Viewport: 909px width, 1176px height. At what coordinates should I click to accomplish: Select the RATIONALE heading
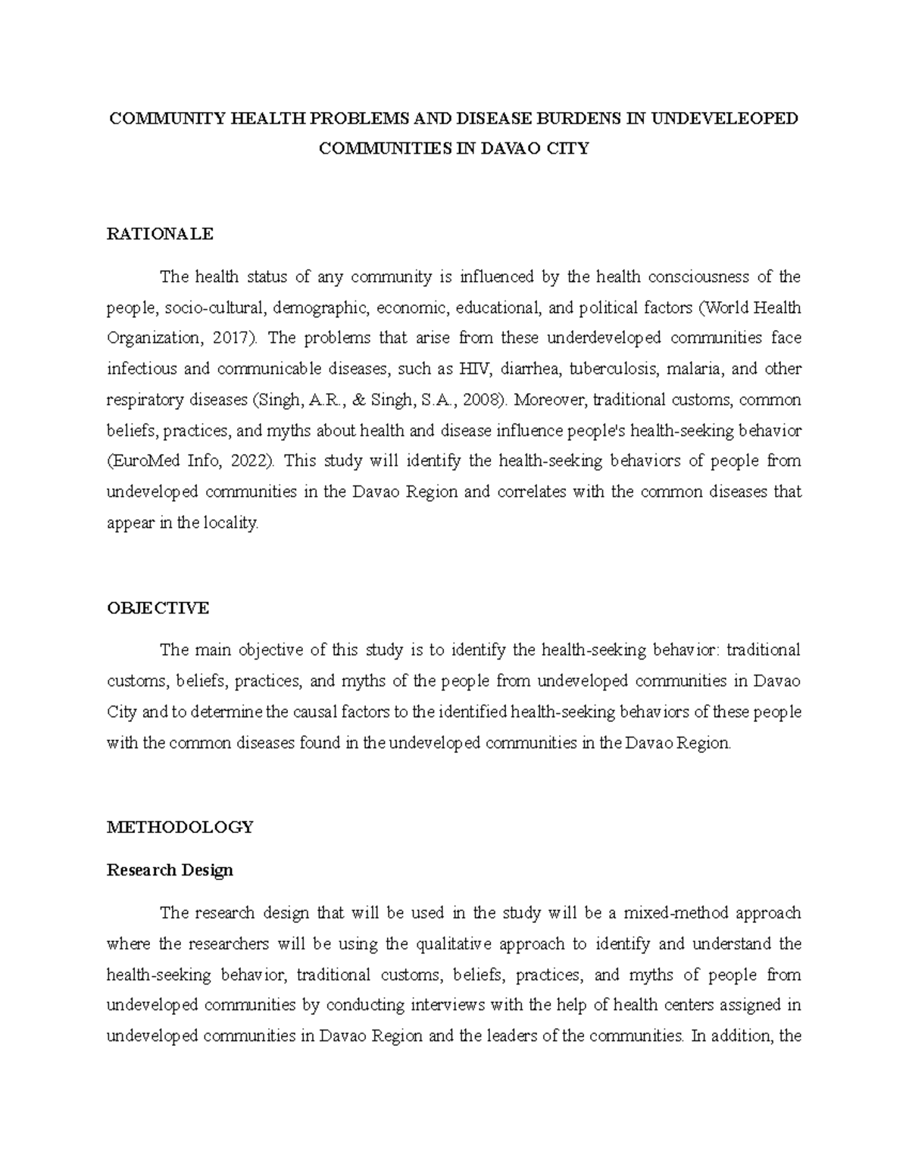(160, 234)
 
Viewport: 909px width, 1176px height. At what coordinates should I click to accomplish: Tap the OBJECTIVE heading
(158, 608)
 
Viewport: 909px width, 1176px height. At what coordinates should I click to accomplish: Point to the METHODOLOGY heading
(180, 827)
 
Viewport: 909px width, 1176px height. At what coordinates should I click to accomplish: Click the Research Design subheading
(170, 870)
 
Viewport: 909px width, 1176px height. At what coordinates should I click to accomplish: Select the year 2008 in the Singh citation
(480, 400)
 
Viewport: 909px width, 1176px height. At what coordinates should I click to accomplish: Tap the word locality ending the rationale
(231, 522)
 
